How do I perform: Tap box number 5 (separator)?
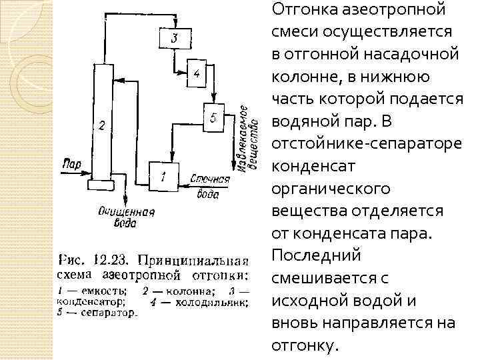click(x=213, y=118)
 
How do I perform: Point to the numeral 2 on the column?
click(x=101, y=125)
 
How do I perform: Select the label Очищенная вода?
click(x=125, y=217)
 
